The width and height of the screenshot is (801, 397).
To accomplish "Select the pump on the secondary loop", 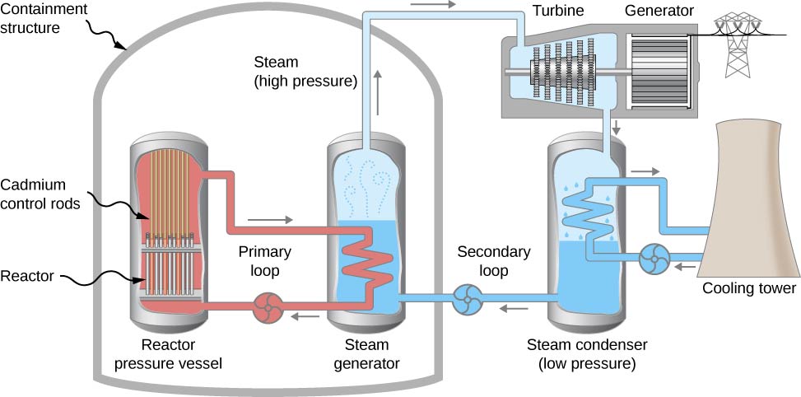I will point(467,299).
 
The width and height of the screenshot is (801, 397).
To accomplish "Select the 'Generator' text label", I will point(659,11).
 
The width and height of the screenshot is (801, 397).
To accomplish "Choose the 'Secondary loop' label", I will point(494,260).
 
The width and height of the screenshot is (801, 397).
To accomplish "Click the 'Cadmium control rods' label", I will point(44,194).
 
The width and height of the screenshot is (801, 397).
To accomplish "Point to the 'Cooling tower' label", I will point(748,288).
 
